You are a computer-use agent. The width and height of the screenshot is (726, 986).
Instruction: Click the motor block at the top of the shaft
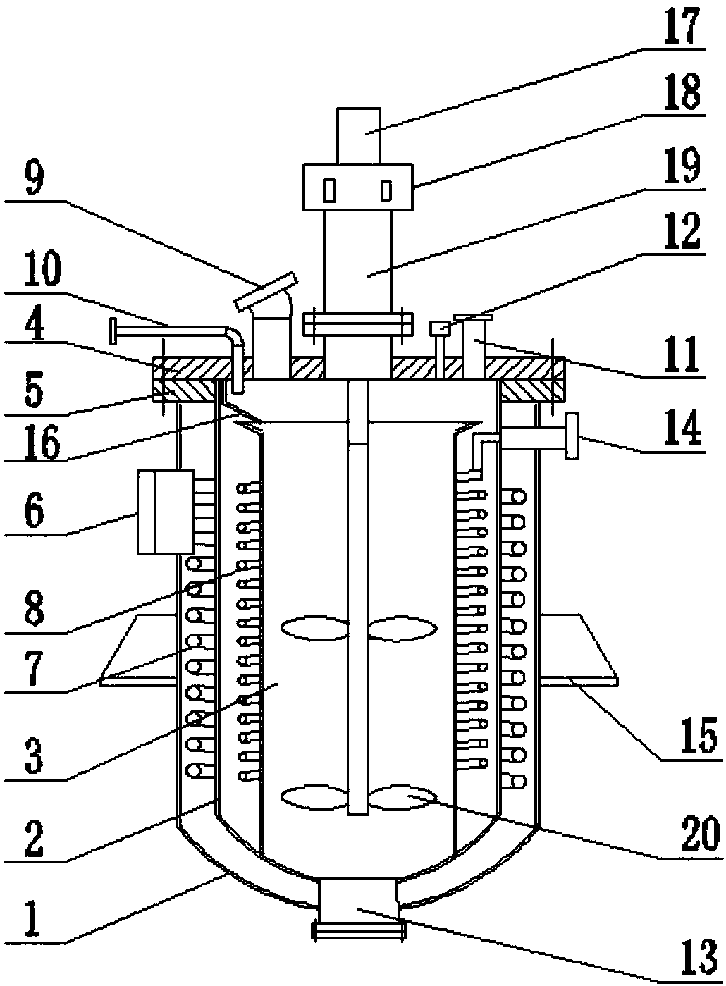pyautogui.click(x=359, y=135)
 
